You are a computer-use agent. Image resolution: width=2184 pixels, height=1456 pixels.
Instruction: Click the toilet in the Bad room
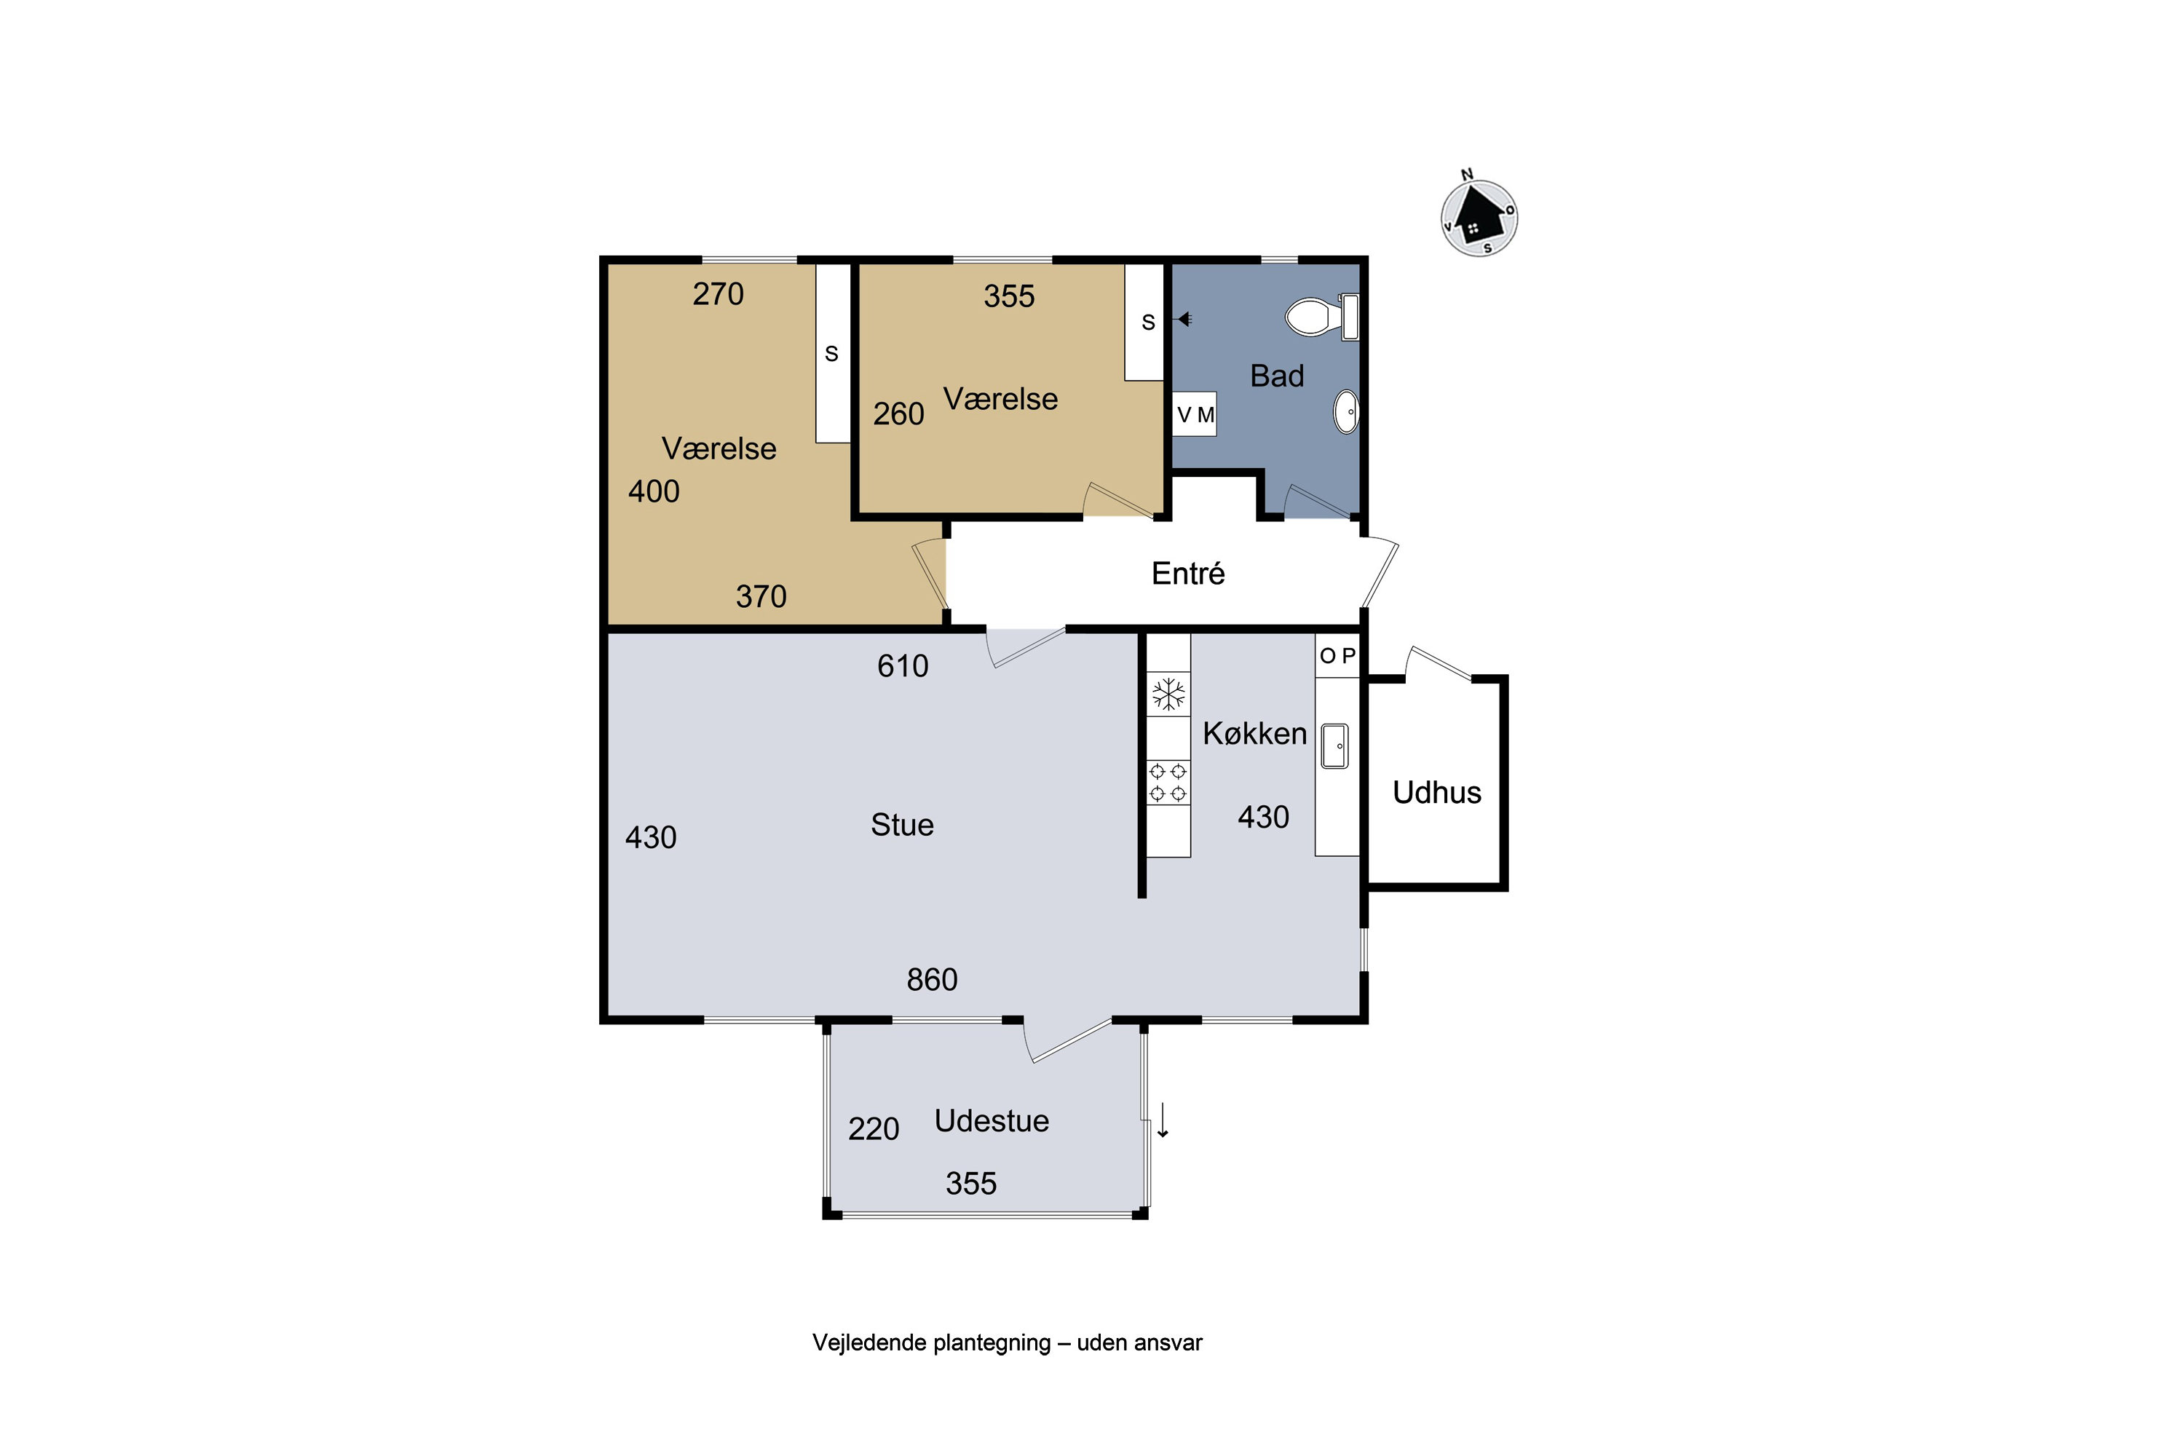1321,317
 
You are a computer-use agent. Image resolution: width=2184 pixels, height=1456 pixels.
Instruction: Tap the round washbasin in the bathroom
1346,411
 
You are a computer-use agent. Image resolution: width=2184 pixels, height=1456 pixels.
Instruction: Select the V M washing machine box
1195,414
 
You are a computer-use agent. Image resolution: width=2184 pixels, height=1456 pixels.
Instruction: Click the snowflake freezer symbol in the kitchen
1168,694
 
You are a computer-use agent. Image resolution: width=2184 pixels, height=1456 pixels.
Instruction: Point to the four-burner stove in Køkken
1168,782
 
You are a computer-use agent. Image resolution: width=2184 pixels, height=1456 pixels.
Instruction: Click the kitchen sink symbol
1334,745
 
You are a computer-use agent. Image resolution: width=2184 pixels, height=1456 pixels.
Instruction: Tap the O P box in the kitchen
1337,656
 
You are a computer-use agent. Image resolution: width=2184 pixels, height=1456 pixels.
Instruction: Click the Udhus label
1436,792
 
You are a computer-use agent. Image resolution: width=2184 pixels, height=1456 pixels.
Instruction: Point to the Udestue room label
992,1121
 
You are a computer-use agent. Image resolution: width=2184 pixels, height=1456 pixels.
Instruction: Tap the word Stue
902,825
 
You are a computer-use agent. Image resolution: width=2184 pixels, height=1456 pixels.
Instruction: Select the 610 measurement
903,666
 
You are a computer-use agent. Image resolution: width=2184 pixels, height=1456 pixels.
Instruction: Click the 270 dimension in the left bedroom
718,293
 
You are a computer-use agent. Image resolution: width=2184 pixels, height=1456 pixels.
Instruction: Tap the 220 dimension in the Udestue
873,1128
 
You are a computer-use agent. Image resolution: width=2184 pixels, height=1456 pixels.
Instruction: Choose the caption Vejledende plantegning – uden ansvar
1008,1342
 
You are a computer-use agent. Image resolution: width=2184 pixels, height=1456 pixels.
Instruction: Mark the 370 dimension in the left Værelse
761,596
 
